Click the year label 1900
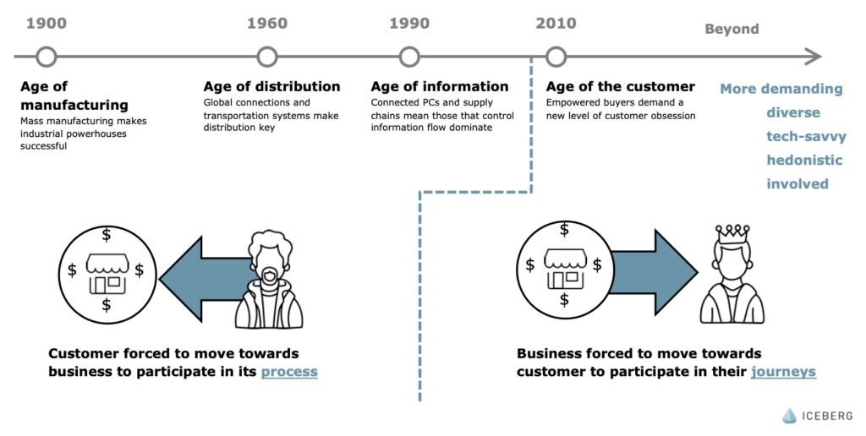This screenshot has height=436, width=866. (x=47, y=23)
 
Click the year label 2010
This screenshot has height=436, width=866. (x=556, y=23)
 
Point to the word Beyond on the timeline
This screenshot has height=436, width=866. (x=732, y=29)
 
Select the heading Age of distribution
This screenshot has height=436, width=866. (x=271, y=87)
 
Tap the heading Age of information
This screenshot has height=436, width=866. (x=440, y=87)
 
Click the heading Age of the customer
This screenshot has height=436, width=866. (x=621, y=87)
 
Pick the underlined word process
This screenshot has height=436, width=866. (x=289, y=372)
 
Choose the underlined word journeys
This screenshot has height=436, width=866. (x=783, y=372)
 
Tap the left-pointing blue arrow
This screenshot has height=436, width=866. (x=206, y=279)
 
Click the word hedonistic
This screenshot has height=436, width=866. (x=804, y=160)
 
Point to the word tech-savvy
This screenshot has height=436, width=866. (x=806, y=136)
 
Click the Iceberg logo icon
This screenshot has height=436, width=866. (x=790, y=416)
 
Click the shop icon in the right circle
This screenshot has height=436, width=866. (x=564, y=270)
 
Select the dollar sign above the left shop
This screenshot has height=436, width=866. (x=106, y=235)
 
